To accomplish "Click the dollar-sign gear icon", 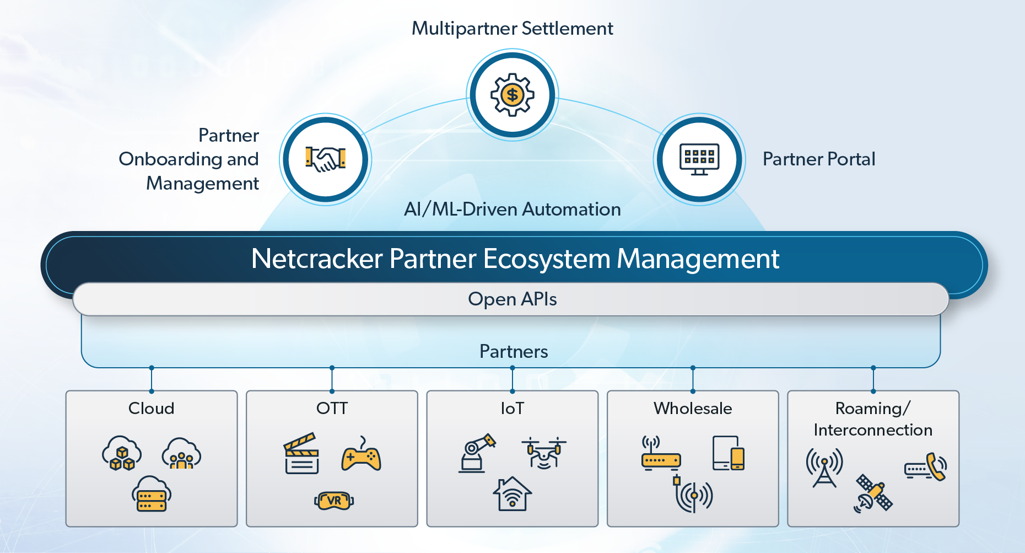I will [x=512, y=95].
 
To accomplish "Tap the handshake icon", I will [x=326, y=159].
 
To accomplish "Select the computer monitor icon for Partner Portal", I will [x=699, y=159].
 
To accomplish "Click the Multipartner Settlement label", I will [x=512, y=29].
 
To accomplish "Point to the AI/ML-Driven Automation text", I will [x=512, y=210].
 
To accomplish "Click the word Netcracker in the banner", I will [x=317, y=259].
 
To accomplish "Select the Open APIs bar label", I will [x=512, y=299].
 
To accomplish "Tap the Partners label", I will [x=514, y=352].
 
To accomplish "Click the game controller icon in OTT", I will [x=361, y=456].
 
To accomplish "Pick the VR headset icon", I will [x=334, y=501].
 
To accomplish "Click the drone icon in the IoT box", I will [x=544, y=453].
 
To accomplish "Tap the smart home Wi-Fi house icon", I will [x=512, y=494].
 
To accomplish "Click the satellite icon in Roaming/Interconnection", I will [x=873, y=493].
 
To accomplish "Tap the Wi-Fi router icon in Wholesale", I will [x=661, y=454].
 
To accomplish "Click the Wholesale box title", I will [x=693, y=409].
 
